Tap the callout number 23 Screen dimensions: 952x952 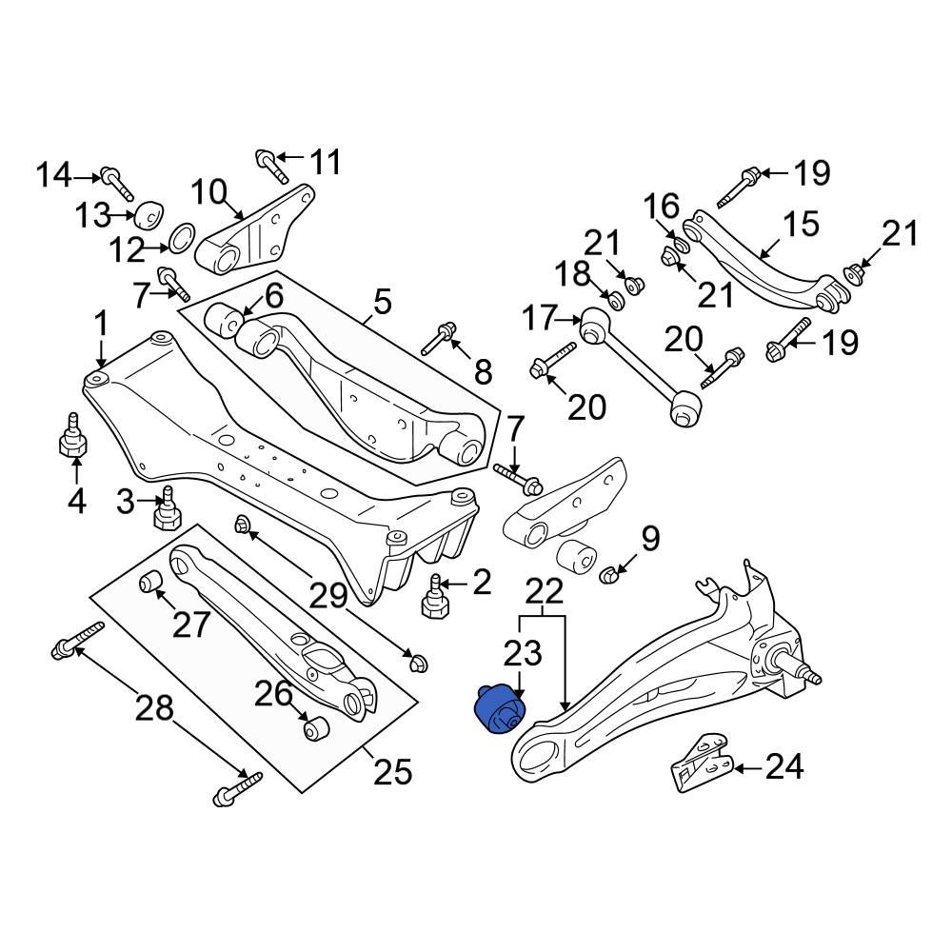pyautogui.click(x=522, y=653)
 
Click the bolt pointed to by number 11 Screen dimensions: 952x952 pyautogui.click(x=271, y=166)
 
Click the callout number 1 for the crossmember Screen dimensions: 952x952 pyautogui.click(x=100, y=326)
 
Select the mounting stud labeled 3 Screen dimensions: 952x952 pyautogui.click(x=169, y=510)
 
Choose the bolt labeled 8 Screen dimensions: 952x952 pyautogui.click(x=443, y=336)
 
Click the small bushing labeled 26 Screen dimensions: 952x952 pyautogui.click(x=315, y=728)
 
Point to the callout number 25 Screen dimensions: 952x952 pyautogui.click(x=391, y=770)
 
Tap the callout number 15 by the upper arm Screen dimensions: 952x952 pyautogui.click(x=800, y=225)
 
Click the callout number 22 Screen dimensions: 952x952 pyautogui.click(x=544, y=593)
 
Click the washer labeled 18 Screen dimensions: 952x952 pyautogui.click(x=615, y=301)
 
